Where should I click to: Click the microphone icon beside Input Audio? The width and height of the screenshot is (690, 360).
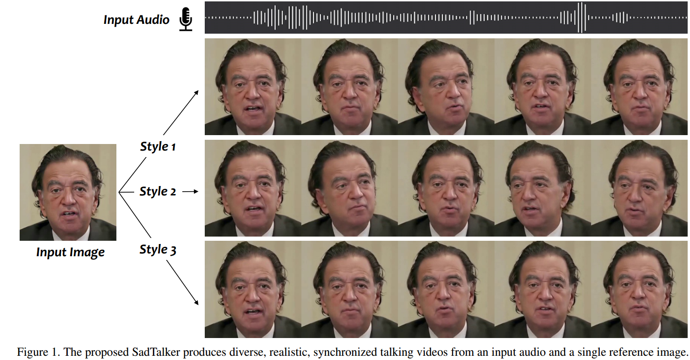186,20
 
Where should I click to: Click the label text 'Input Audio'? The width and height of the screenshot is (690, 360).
136,20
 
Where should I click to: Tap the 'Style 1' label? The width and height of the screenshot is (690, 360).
158,146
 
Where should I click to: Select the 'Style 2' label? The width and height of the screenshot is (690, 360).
158,191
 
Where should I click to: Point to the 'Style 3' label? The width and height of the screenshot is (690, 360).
158,250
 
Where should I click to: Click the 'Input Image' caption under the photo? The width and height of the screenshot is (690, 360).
70,252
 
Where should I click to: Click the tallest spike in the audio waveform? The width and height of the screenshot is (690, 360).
581,18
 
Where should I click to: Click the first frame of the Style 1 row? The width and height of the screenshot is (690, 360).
253,87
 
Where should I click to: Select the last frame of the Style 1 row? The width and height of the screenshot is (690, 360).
639,87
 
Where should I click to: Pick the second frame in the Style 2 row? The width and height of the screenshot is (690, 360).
349,188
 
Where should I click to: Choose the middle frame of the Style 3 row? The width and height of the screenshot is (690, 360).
446,289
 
